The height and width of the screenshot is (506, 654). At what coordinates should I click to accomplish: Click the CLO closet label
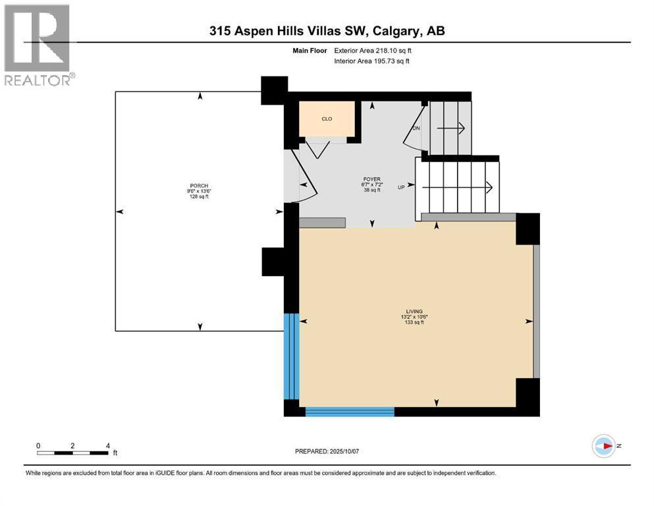[x=327, y=119]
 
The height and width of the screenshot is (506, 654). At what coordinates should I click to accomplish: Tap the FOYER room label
[x=371, y=179]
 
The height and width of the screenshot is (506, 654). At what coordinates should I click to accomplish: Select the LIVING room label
[x=414, y=312]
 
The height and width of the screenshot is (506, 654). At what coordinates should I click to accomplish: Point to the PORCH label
[x=199, y=186]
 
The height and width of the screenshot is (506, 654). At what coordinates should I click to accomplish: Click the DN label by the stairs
[x=416, y=128]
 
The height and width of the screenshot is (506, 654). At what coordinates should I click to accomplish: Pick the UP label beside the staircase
[x=401, y=188]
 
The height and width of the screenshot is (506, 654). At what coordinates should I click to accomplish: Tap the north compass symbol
[x=604, y=446]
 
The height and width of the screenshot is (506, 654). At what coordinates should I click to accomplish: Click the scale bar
[x=72, y=453]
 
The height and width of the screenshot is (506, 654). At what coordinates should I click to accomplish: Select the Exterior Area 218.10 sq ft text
[x=373, y=51]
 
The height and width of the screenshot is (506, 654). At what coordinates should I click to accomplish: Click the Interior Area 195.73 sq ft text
[x=371, y=61]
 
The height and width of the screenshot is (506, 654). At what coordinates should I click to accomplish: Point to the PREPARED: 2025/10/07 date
[x=327, y=451]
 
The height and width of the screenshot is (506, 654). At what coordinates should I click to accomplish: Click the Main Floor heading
[x=310, y=51]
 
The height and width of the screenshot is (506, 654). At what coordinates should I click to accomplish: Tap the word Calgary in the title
[x=396, y=31]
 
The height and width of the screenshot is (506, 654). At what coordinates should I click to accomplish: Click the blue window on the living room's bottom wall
[x=350, y=412]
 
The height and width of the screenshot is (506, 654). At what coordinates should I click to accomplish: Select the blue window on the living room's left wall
[x=292, y=356]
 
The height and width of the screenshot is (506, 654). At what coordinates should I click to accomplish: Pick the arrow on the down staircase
[x=451, y=128]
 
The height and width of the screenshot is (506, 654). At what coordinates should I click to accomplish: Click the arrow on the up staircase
[x=458, y=188]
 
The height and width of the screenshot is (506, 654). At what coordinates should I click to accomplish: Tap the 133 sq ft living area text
[x=414, y=322]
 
